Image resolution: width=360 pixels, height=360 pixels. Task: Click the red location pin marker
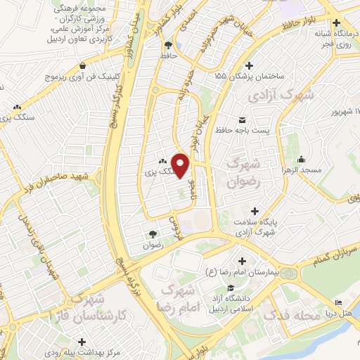tap(181, 165)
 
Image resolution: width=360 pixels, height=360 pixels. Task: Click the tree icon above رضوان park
tap(153, 234)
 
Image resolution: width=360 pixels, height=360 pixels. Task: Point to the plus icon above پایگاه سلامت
tap(255, 211)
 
